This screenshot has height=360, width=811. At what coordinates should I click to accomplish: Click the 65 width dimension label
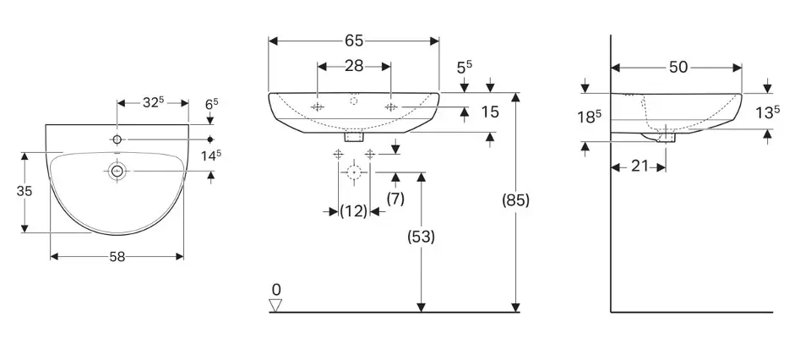354,40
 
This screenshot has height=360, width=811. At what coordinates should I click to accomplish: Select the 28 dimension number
354,65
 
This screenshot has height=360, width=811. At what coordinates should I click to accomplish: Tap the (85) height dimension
515,202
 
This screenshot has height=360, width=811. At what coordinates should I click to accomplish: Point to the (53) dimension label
421,237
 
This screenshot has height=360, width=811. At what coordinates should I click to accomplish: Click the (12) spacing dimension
354,211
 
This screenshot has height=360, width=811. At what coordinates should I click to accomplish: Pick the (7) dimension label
395,199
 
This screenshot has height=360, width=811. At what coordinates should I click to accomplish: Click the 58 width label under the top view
117,257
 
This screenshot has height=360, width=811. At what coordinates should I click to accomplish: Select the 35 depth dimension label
24,192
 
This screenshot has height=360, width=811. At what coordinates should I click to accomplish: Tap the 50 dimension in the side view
678,68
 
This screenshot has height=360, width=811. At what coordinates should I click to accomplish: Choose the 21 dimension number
640,166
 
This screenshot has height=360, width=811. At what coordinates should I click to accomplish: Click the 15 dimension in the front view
489,112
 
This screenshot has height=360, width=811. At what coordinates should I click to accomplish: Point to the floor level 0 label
276,289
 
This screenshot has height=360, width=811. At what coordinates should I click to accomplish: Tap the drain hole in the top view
117,172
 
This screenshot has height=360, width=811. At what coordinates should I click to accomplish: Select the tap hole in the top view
117,138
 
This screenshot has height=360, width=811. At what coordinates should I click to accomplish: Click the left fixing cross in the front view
317,107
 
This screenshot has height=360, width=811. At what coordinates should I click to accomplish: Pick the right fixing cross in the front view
391,107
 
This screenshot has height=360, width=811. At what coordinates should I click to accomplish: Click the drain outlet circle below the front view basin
354,172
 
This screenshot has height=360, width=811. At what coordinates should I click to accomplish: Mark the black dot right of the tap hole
210,138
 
